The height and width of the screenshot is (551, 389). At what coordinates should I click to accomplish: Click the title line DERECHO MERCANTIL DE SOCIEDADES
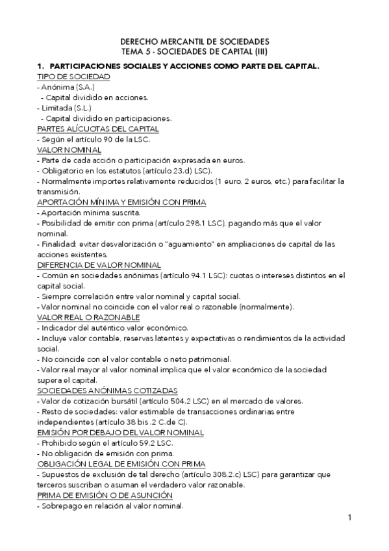coord(194,40)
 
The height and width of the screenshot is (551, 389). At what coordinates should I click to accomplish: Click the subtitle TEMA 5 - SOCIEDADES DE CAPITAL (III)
coord(194,50)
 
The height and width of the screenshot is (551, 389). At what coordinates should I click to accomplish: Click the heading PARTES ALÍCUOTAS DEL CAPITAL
coord(98,129)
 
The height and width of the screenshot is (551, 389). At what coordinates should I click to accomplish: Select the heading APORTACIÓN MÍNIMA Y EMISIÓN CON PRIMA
coord(122,202)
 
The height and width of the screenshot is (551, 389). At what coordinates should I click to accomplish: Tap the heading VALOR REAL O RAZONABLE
coord(88,317)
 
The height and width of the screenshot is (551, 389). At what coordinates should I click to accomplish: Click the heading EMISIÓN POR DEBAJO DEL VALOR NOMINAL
coord(121,432)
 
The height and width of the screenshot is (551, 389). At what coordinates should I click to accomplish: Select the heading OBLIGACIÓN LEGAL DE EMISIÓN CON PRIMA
coord(122,463)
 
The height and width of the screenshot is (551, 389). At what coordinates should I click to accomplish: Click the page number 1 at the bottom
coord(349,518)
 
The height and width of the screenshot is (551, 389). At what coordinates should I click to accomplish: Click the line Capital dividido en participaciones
coord(106,118)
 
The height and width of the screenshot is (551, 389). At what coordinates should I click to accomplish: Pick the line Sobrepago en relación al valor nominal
coord(110,506)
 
